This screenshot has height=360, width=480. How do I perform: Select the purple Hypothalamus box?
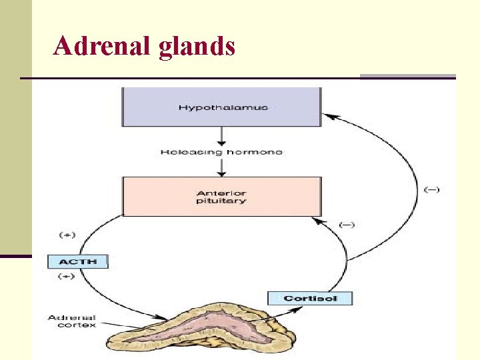tap(221, 107)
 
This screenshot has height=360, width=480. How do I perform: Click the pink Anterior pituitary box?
tap(221, 196)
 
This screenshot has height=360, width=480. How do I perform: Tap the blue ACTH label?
tap(77, 261)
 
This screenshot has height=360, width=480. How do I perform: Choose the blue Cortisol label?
tap(309, 298)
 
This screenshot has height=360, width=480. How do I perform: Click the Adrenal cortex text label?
tap(71, 321)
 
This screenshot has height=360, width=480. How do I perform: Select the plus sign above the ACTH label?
tap(67, 235)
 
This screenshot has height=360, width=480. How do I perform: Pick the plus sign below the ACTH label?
tap(67, 275)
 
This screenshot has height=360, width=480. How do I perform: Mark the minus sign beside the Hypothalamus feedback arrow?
tap(431, 190)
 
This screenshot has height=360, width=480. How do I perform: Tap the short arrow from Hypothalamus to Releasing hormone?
tap(222, 137)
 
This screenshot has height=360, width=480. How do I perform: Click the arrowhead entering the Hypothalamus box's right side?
tap(328, 116)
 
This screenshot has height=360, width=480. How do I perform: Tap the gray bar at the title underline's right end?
tap(407, 77)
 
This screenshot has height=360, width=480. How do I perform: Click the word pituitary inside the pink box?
tap(221, 201)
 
